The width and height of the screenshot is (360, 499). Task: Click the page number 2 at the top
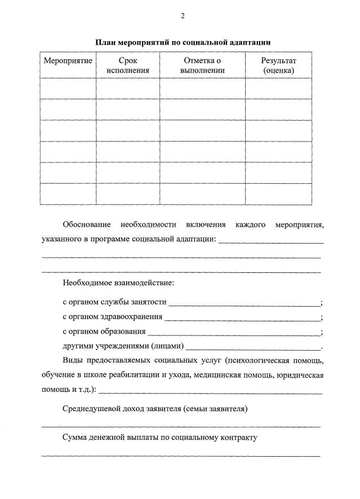tap(183, 16)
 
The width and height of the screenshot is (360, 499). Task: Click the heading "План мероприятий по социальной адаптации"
tap(183, 42)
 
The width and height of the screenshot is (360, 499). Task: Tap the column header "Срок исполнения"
tap(128, 65)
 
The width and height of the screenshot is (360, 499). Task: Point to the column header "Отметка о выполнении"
tap(202, 65)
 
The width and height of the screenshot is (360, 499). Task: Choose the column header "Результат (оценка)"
tap(278, 65)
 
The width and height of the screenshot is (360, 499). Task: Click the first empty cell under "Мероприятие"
tap(68, 89)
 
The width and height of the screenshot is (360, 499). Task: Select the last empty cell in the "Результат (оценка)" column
tap(278, 194)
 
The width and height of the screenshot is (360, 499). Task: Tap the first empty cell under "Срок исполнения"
tap(128, 89)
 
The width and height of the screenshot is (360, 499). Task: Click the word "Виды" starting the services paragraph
tap(73, 360)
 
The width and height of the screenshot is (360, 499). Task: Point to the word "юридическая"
tap(300, 375)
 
